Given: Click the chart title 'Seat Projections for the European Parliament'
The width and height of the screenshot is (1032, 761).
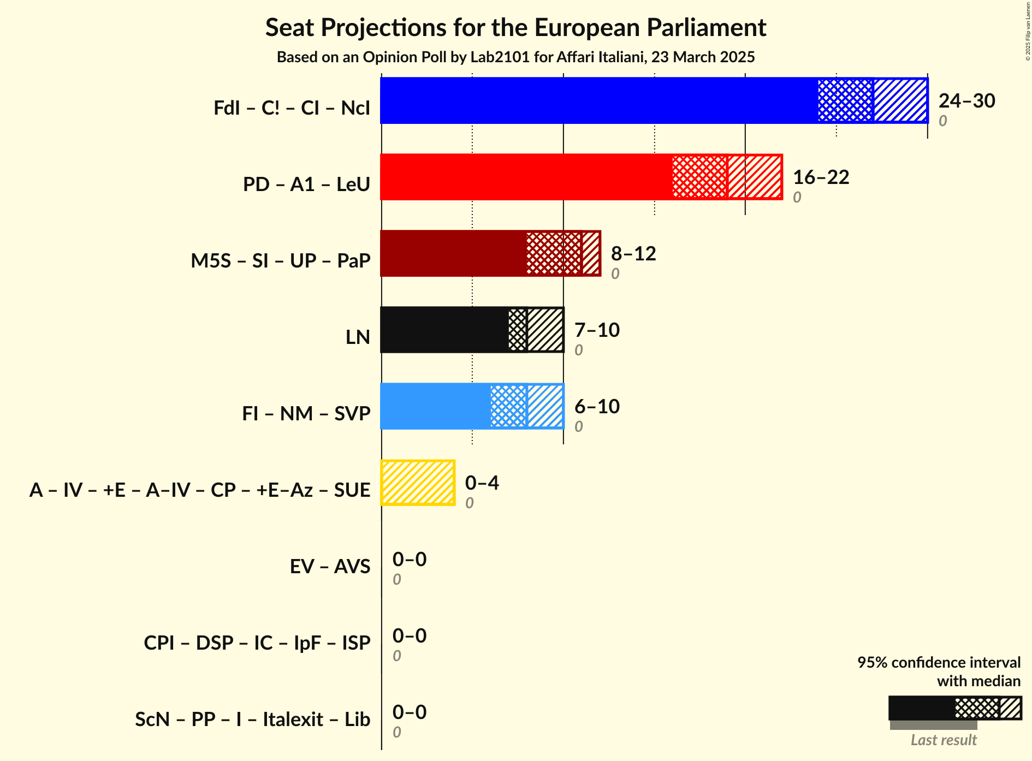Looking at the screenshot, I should coord(515,28).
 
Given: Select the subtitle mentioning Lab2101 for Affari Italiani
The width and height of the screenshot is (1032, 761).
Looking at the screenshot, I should coord(515,57).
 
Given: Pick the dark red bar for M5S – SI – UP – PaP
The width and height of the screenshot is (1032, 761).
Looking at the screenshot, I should coord(453,253).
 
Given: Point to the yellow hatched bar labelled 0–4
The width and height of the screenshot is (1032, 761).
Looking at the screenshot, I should coord(418,483).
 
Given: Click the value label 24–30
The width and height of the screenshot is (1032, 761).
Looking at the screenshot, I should coord(966,101).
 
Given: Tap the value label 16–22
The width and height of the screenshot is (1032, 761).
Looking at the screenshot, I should coord(821,177).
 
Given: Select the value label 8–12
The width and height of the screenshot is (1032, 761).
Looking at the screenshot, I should coord(633,254).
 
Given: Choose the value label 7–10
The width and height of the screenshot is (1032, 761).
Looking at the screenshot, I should coord(597,330).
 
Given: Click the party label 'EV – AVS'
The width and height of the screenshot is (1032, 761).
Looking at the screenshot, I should coord(330,567).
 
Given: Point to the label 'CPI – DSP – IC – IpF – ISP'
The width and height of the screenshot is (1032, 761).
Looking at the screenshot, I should coord(257,643).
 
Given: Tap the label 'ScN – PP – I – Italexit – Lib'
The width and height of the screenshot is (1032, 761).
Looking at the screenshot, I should coord(252,720).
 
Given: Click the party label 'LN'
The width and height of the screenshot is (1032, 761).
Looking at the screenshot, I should coord(358,337).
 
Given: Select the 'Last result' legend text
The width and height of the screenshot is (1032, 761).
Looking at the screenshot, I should coord(943,740).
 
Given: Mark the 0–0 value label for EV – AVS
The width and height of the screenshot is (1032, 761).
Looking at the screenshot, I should coord(409,560).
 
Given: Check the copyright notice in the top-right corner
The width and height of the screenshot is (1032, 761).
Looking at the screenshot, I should coord(1028,31).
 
